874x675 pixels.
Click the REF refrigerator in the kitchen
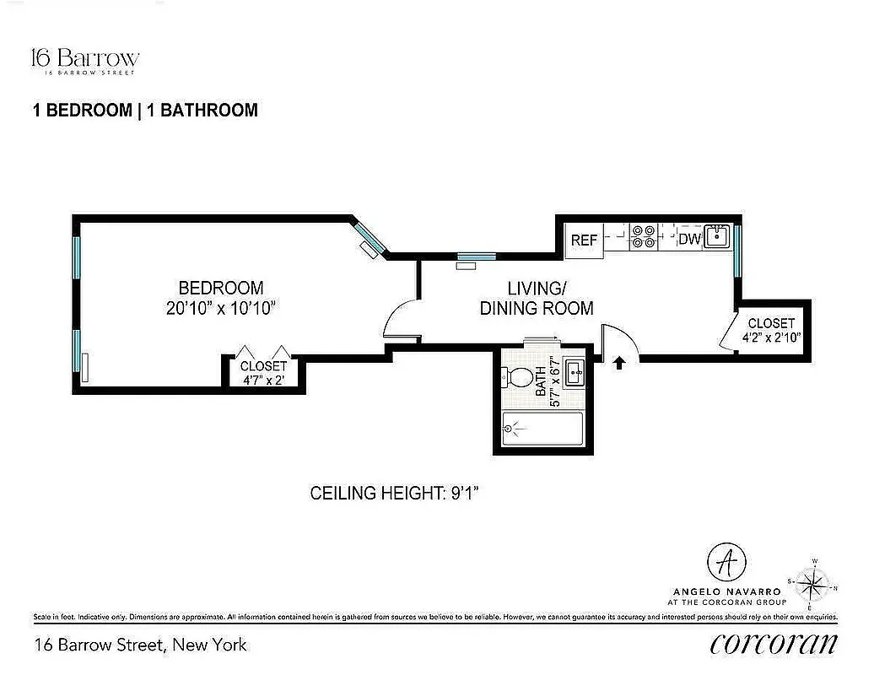584,240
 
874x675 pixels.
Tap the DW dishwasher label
690,240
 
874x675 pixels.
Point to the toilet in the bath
520,376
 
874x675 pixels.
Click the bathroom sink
575,372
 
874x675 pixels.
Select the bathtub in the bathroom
542,429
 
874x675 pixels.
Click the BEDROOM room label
220,288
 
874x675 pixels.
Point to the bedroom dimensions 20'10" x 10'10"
222,308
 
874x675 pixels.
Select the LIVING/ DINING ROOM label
536,298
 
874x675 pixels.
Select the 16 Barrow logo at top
84,60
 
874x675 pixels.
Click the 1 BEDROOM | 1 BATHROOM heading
144,110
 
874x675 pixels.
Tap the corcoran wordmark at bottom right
774,644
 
